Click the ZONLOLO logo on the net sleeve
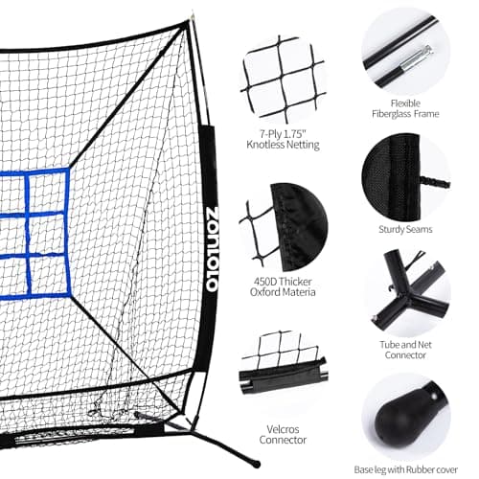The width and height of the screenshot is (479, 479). coord(212,249)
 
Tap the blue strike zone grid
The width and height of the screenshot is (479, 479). coord(35,234)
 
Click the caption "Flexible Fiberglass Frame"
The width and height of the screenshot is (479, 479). coord(405,108)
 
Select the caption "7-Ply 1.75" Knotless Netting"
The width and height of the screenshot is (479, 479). coord(283,139)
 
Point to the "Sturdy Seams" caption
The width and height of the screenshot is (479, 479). coord(405,229)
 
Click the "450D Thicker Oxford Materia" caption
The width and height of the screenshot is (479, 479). coord(283,286)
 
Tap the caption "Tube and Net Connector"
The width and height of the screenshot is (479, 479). coord(405,350)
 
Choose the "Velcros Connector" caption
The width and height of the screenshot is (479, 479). coord(283,434)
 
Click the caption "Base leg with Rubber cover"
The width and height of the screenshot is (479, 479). coord(405,469)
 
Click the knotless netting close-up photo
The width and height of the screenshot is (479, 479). coord(283,80)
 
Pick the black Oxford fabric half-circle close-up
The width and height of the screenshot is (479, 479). coord(299,227)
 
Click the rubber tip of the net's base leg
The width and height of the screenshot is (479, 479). coord(255,463)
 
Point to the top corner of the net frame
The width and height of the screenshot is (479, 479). coord(189,21)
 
